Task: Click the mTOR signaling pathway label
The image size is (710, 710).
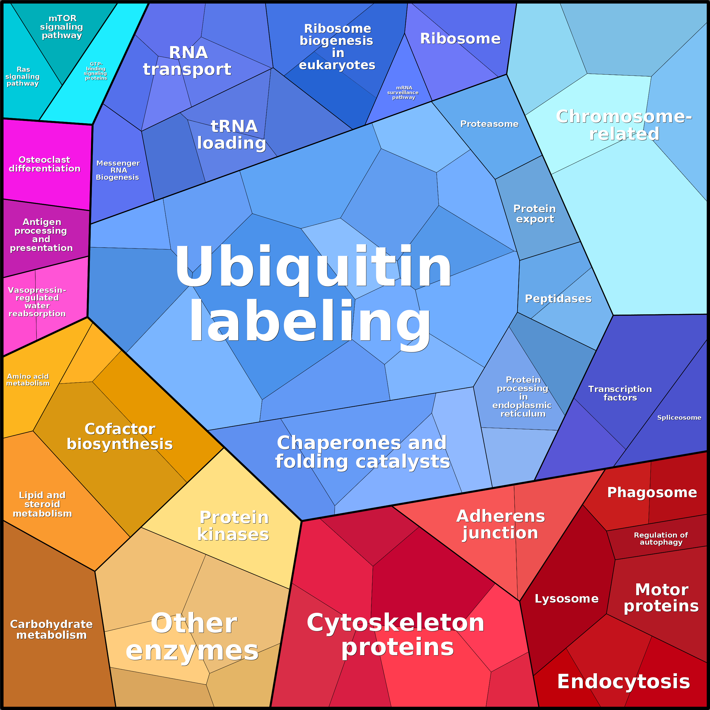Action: coord(62,27)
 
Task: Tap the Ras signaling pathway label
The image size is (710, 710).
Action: coord(23,76)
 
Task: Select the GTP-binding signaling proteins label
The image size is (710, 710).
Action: coord(96,71)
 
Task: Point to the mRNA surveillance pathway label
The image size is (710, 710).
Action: coord(403,93)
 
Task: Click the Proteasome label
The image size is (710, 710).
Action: coord(489,124)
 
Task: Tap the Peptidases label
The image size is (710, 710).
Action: coord(558,298)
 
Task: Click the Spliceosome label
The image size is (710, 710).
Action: coord(679,417)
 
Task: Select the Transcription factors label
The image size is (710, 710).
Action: coord(620,393)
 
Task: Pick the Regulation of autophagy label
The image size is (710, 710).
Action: coord(661,538)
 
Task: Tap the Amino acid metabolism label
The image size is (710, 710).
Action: coord(28,380)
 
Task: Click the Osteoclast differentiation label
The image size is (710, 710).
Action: coord(44,164)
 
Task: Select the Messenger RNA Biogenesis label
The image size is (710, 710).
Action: coord(118,170)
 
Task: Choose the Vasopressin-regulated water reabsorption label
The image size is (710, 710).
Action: coord(37,302)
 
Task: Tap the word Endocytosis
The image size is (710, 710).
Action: coord(624,681)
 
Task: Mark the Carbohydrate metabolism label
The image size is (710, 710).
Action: coord(51,629)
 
